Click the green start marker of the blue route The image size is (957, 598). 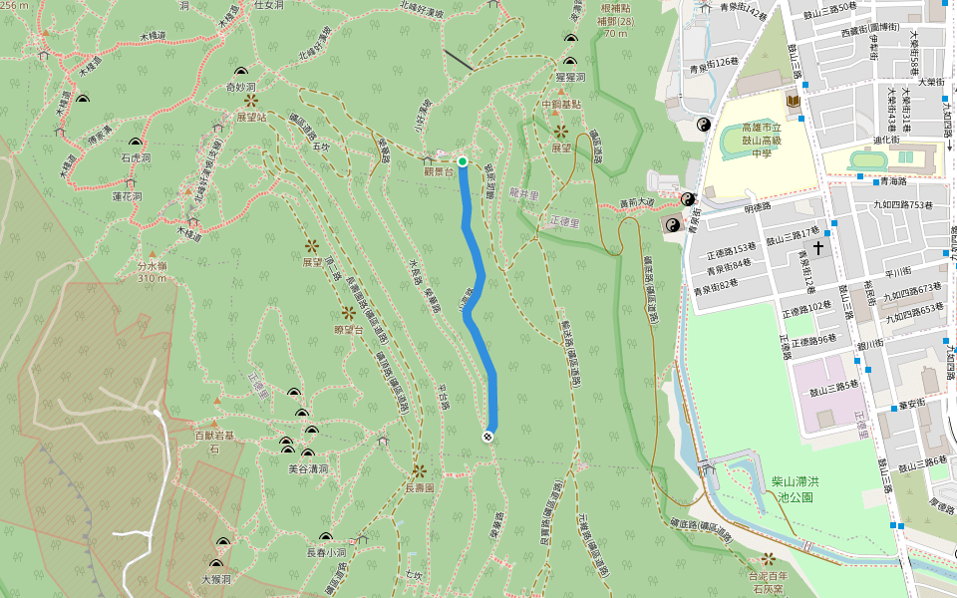pos(463,160)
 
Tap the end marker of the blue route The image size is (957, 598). pos(488,436)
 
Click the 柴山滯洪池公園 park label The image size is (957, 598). pos(794,488)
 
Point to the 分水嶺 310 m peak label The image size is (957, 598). pos(152,272)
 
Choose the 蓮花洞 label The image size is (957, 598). pos(127,196)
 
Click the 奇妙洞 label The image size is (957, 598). pos(241,87)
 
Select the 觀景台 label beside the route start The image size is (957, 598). pos(439,171)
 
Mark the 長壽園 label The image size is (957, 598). pos(420,488)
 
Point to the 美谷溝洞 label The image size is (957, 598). pos(308,467)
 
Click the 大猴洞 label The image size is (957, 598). pos(216,578)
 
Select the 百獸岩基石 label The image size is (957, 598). pos(213,442)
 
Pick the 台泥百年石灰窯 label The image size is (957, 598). pos(768,582)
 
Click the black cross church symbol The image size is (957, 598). pos(818,246)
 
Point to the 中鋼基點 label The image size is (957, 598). pos(560,104)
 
